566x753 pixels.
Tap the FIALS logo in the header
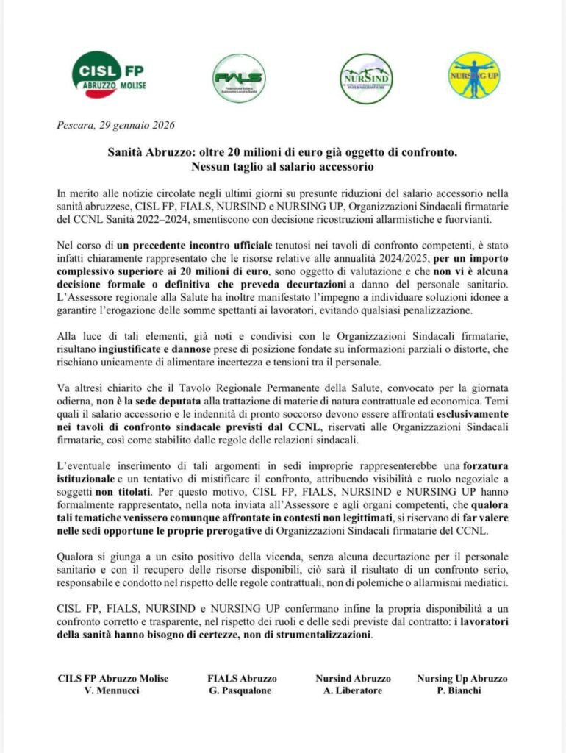point(239,78)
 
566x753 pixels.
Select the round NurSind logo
point(366,77)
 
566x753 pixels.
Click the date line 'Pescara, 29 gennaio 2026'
point(115,125)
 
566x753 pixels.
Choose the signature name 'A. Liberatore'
point(353,692)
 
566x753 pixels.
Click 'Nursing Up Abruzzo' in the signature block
point(462,679)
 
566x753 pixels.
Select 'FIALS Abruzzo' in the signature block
point(242,679)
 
